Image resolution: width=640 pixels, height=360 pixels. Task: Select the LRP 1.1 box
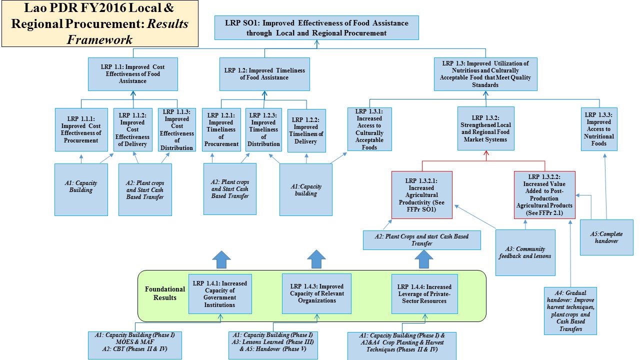pos(133,74)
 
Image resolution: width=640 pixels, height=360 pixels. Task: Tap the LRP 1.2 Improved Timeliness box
pos(264,74)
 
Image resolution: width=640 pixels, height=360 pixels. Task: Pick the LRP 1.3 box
pos(485,74)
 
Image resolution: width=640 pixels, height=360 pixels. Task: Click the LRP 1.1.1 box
pos(81,129)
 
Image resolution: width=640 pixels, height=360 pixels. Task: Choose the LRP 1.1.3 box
pos(177,129)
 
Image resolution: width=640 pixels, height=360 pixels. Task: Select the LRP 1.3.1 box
pos(370,129)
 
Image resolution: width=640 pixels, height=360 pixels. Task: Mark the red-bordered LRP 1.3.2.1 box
pos(422,194)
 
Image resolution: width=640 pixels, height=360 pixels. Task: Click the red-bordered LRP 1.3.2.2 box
pos(544,194)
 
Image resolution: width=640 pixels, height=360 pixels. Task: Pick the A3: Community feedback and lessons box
pos(525,252)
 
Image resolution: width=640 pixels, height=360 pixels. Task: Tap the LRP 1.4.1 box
pos(219,293)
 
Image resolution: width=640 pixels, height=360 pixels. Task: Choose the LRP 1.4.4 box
pos(424,293)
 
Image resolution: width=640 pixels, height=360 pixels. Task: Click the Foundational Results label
pos(164,293)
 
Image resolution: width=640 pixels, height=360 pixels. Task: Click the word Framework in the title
pos(100,39)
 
